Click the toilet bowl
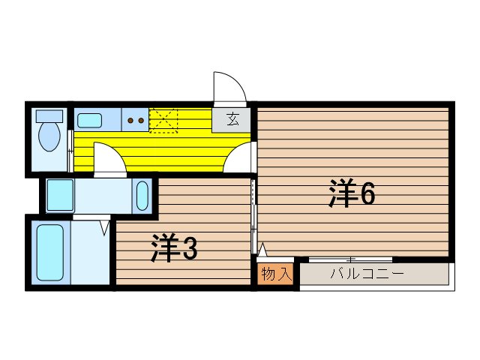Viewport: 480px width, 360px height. (x=49, y=137)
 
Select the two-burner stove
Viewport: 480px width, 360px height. (x=136, y=119)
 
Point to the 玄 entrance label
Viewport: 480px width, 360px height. (x=233, y=119)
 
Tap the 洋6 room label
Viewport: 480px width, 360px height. (x=351, y=194)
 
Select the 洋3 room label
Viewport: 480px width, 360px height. (x=174, y=248)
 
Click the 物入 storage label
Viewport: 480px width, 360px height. (x=274, y=274)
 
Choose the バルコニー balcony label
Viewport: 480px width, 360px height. (x=367, y=274)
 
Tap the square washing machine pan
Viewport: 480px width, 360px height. (x=60, y=195)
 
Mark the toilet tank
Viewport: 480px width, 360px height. (x=49, y=116)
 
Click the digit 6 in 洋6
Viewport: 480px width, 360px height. (x=367, y=194)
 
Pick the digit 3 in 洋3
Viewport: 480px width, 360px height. (x=190, y=248)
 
